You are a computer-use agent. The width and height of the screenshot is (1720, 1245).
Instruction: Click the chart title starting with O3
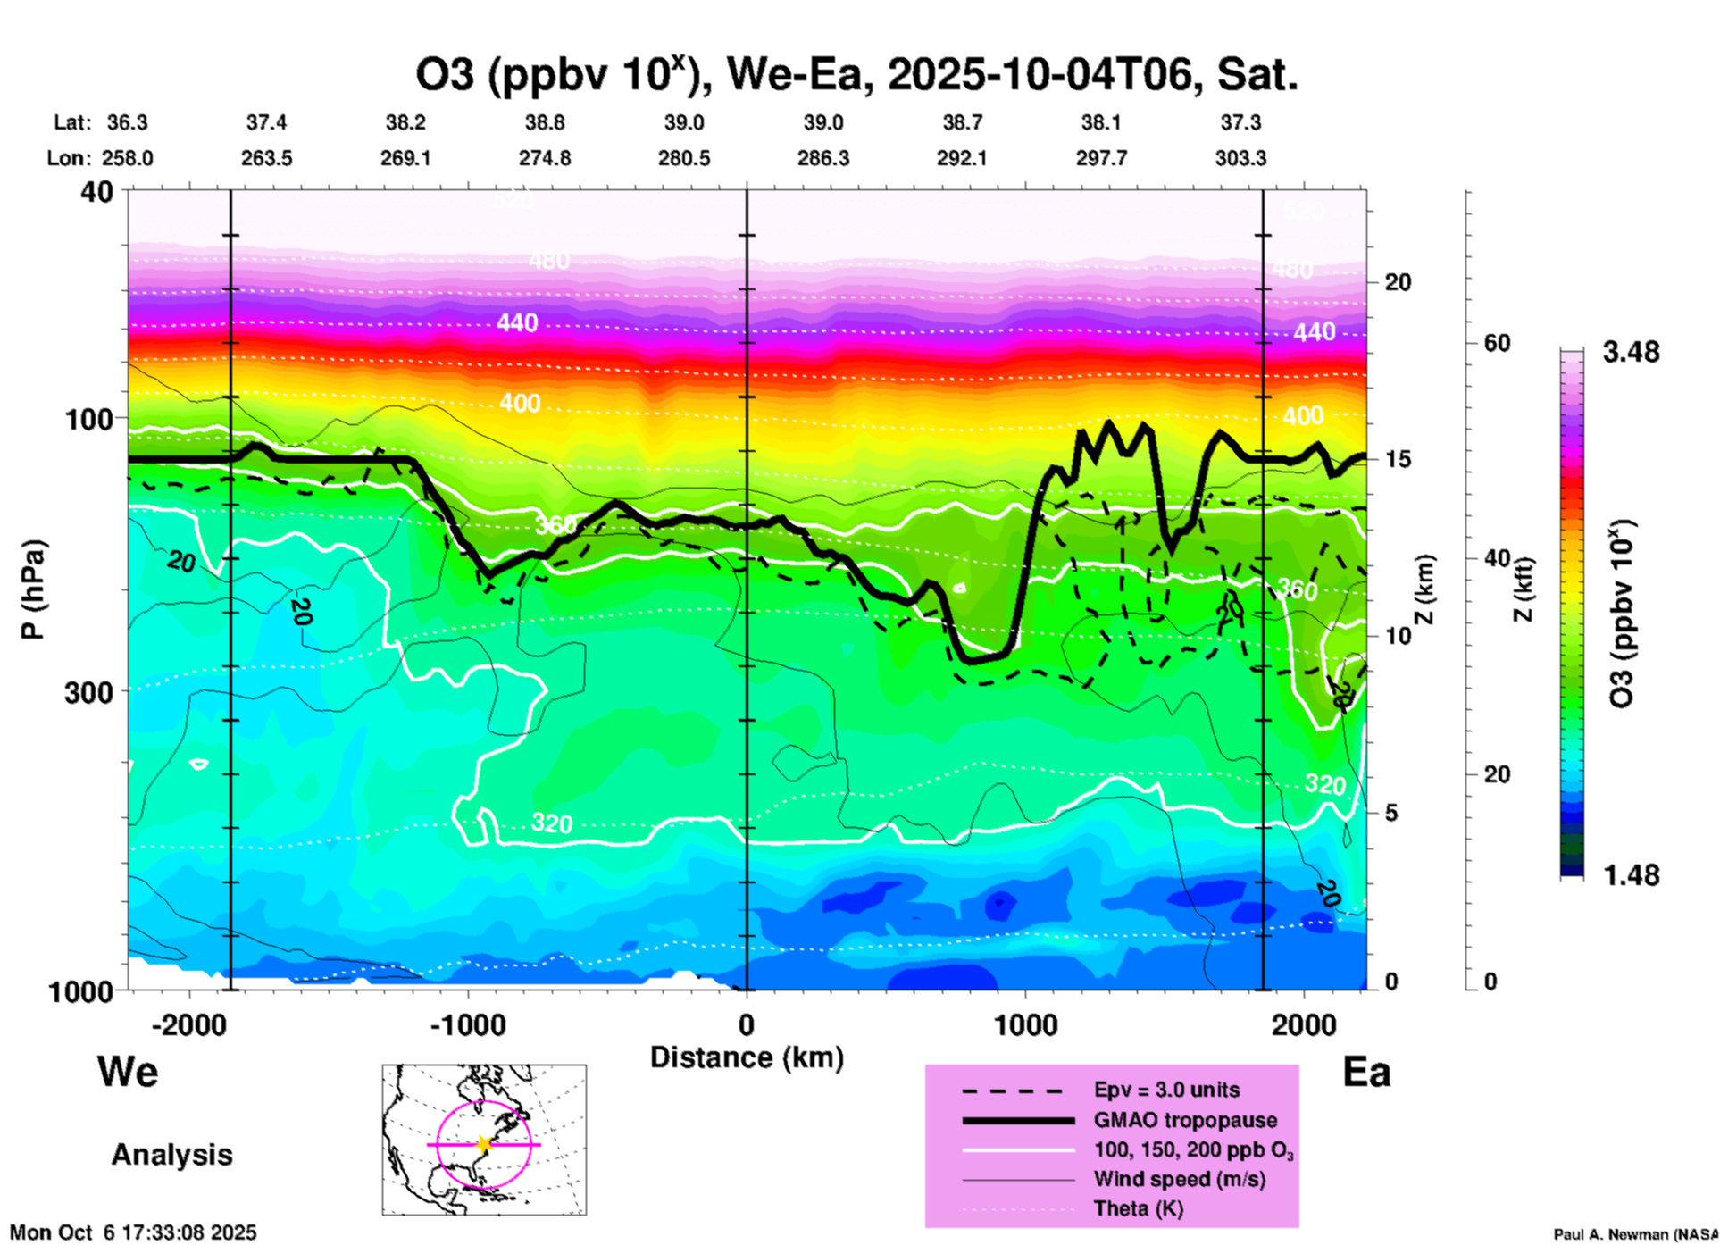pos(856,75)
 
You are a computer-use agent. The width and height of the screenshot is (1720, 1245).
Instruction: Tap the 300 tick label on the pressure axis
pos(88,691)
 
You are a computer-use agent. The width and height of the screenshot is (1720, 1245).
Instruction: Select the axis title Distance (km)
pos(747,1057)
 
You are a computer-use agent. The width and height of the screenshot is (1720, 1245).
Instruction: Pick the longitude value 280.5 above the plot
pos(684,159)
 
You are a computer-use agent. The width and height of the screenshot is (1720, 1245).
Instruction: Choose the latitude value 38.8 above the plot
pos(545,122)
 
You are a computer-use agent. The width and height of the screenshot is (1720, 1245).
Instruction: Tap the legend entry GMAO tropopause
pos(1185,1120)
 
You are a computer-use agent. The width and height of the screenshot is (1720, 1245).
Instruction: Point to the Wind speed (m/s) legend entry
pos(1179,1179)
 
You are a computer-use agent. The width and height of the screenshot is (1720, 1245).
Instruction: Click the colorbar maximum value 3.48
pos(1631,353)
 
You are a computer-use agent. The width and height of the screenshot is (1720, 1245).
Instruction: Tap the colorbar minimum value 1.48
pos(1631,875)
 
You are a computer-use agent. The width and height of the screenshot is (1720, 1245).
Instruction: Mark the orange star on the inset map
pos(484,1144)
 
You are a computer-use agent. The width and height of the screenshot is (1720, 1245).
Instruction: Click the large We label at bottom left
pos(128,1071)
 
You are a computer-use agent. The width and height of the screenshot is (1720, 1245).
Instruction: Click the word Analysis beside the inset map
pos(171,1155)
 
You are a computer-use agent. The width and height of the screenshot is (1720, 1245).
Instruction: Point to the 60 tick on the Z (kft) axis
pos(1497,344)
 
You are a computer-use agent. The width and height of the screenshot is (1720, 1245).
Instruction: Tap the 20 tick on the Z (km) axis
pos(1398,282)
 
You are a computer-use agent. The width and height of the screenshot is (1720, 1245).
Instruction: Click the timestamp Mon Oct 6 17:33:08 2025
pos(133,1232)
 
